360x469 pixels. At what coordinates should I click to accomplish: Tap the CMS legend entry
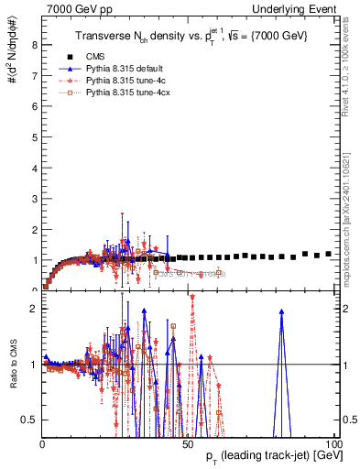(x=109, y=56)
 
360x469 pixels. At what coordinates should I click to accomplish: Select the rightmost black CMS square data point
(x=328, y=254)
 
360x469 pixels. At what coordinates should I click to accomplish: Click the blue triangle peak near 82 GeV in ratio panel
(x=281, y=311)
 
